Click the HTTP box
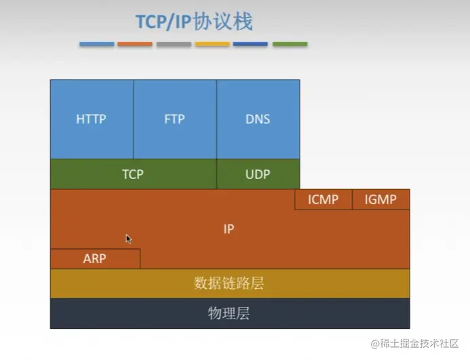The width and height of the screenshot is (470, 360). coord(92,119)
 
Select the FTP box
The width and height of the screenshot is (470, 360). coord(174,119)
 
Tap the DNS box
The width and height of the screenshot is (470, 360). coord(258,119)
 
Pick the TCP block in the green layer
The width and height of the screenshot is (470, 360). coord(133,174)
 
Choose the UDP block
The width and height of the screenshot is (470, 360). coord(258,174)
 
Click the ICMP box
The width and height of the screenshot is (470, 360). coord(323,200)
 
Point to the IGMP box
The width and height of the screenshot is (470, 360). coord(380,200)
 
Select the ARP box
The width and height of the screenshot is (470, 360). coord(95,258)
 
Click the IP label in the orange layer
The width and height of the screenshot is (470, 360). coord(229,229)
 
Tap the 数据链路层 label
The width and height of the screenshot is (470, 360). coord(229,283)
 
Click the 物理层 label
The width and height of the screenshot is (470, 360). coord(229,313)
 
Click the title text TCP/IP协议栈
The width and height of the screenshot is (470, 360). coord(194,22)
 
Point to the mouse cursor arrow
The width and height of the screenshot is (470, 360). coord(128,238)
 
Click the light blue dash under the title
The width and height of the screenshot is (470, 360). coord(96,44)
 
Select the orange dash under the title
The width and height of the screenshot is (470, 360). coord(135,44)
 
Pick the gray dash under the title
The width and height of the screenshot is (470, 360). coord(174,44)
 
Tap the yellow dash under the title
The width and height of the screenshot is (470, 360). coord(212,44)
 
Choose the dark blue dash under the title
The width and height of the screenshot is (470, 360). coord(250,44)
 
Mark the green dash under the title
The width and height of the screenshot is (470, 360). coord(290,44)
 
